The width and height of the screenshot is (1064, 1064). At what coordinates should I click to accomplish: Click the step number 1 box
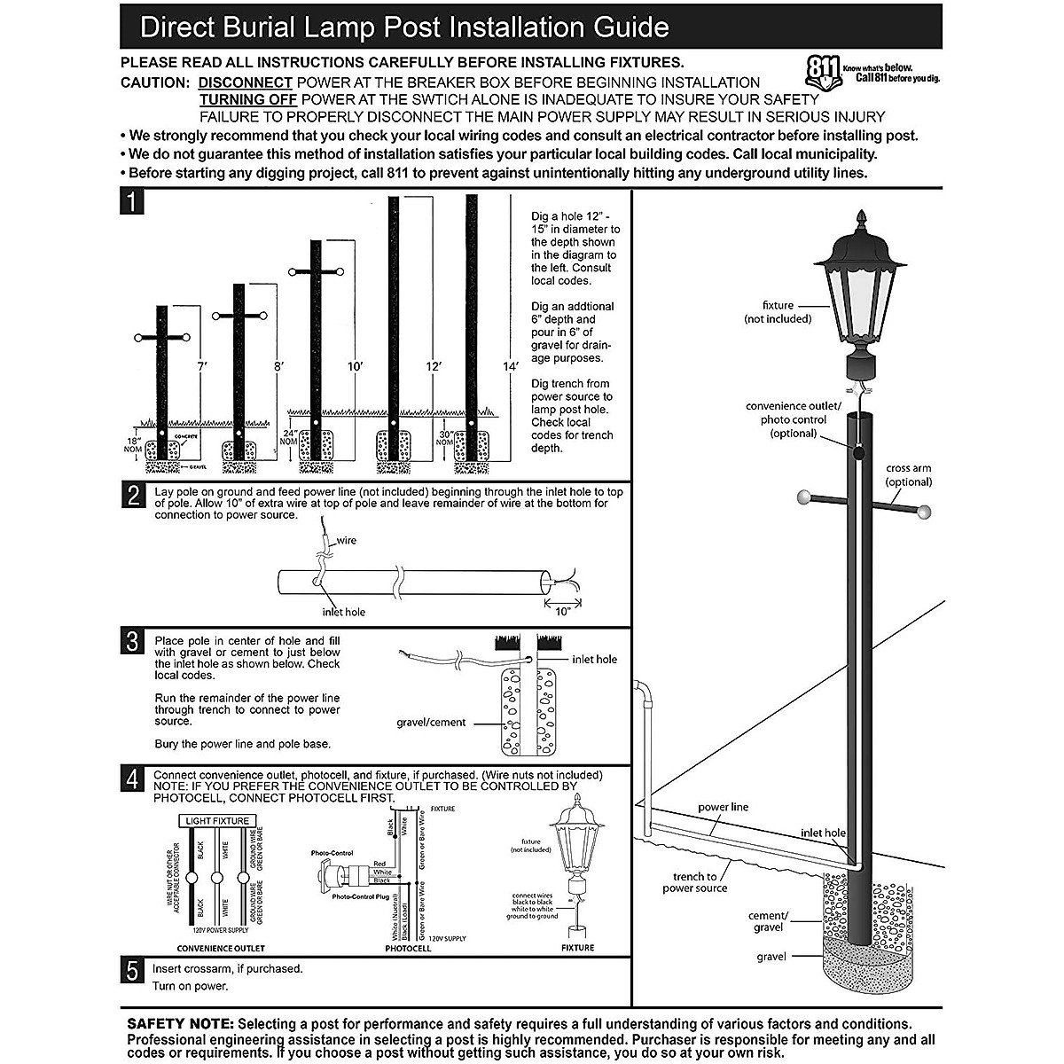(x=132, y=202)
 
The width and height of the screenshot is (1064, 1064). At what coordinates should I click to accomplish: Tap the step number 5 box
(x=132, y=971)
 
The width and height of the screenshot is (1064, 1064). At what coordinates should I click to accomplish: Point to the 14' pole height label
(x=509, y=366)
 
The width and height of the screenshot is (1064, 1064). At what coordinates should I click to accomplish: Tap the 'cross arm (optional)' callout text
(x=909, y=475)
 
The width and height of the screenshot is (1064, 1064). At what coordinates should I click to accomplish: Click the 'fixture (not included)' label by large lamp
(x=778, y=312)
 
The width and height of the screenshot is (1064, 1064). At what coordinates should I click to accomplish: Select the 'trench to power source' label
(x=694, y=882)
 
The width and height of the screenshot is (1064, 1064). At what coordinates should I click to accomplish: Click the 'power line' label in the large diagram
(x=723, y=808)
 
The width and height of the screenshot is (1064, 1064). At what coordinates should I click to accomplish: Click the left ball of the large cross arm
(x=803, y=497)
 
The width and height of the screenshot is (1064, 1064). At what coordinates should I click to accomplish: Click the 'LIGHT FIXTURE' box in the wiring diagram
(x=217, y=821)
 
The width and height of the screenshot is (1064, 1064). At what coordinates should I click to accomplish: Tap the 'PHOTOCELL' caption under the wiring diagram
(x=408, y=949)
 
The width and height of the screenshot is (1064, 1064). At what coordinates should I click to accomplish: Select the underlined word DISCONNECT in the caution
(x=245, y=82)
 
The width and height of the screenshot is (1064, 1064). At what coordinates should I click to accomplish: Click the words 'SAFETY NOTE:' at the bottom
(x=181, y=1024)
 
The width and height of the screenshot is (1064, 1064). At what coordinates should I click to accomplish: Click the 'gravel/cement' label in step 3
(x=431, y=723)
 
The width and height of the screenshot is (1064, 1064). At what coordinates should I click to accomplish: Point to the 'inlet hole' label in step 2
(x=343, y=612)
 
